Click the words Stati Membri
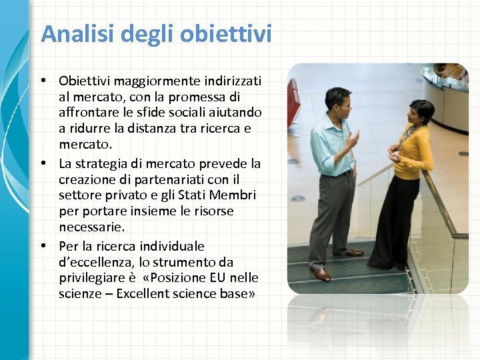point(223,195)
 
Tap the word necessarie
point(91,227)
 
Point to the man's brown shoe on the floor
point(321,273)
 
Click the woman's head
point(421,111)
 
